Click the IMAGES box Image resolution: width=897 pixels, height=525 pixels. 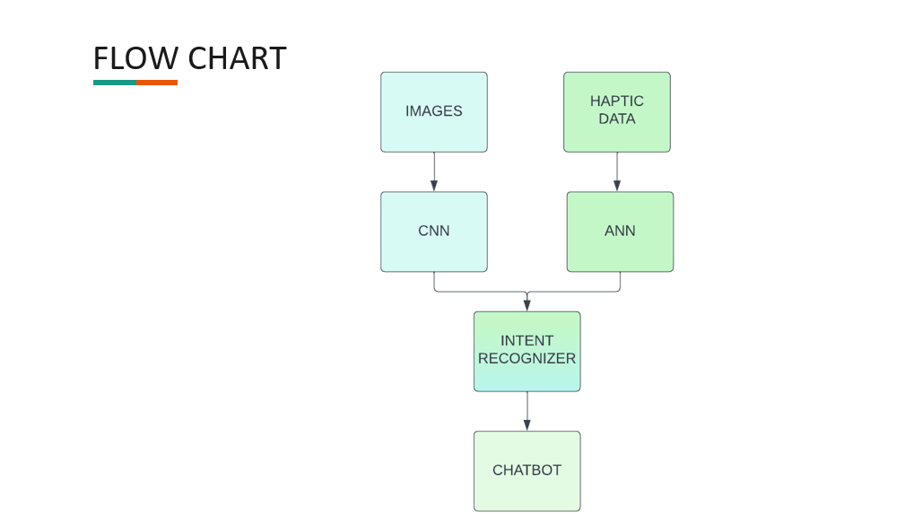(434, 112)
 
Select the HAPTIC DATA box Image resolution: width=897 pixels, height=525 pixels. (617, 112)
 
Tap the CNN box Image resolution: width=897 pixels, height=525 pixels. (434, 232)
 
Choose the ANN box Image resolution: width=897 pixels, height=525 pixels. (620, 232)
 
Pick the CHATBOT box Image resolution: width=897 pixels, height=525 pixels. (527, 471)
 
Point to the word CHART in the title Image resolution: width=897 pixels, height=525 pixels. (238, 58)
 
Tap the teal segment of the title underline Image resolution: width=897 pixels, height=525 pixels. (114, 83)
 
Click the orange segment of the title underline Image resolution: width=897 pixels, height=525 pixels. (157, 83)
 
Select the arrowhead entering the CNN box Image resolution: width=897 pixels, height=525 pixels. (434, 186)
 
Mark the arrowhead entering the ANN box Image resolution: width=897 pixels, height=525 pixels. (617, 186)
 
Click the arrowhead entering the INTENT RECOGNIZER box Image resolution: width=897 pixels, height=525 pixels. (527, 305)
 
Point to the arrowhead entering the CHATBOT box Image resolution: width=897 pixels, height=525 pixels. (527, 425)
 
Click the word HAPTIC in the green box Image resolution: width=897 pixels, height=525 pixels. (617, 101)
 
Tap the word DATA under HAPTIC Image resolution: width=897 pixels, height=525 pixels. (617, 118)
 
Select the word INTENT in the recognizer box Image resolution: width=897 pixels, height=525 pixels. (527, 341)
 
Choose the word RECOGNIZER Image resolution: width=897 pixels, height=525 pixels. (527, 358)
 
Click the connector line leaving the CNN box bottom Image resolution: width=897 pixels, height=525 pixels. (434, 282)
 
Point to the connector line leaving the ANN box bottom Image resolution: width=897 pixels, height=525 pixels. (620, 282)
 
